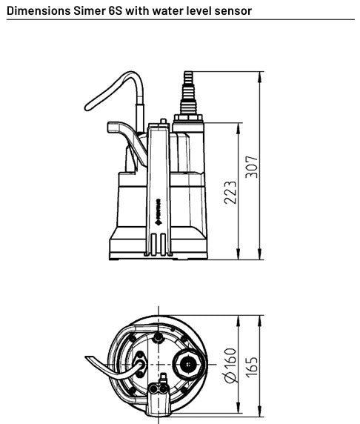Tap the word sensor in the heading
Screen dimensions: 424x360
[231, 11]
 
